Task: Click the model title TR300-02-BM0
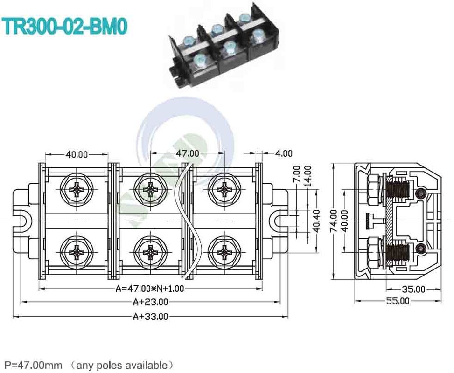65,27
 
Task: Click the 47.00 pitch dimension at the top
187,153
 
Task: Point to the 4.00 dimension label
284,153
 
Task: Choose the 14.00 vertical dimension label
307,175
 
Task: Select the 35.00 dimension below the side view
414,289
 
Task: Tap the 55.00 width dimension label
398,301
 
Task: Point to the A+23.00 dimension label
151,302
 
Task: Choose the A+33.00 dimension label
150,317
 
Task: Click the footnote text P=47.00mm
33,364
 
